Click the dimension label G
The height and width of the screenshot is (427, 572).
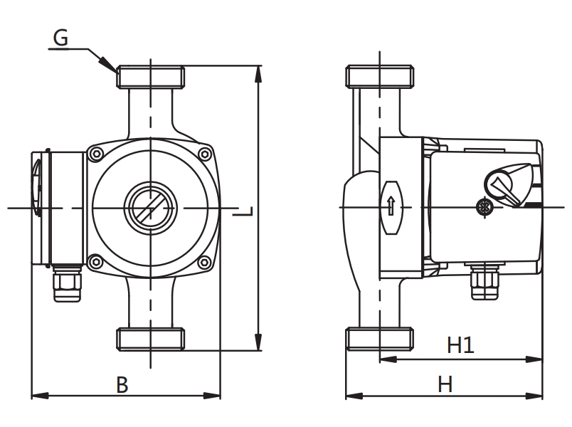click(x=61, y=38)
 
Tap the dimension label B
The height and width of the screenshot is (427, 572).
click(x=122, y=385)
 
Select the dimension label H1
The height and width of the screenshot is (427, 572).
click(x=460, y=346)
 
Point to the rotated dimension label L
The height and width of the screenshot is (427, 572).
click(x=245, y=211)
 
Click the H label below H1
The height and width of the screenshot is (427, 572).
click(x=445, y=384)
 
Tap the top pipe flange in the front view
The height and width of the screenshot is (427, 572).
click(x=151, y=76)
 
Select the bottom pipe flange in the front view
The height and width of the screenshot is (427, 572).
click(x=151, y=338)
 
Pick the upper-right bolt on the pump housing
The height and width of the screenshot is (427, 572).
click(x=206, y=153)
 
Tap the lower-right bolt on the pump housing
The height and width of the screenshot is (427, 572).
click(x=206, y=261)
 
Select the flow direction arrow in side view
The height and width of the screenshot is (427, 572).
click(x=391, y=207)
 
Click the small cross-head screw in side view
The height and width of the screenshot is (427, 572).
click(x=485, y=208)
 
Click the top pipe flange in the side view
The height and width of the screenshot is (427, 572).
click(x=379, y=76)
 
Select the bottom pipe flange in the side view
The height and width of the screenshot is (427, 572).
click(x=379, y=338)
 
